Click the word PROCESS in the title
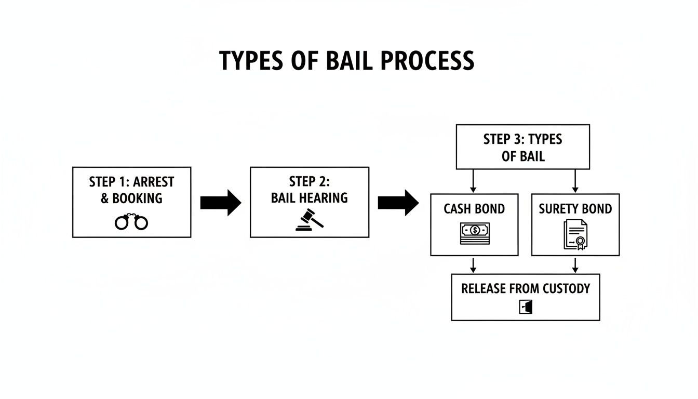[427, 61]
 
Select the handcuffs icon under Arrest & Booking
[131, 222]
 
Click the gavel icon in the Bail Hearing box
[310, 219]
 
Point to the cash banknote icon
[474, 233]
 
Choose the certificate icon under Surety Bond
[575, 234]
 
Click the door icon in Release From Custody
[526, 307]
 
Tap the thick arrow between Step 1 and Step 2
[220, 203]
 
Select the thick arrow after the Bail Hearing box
[398, 203]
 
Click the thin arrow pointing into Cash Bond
[473, 181]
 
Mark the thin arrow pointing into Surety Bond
[575, 181]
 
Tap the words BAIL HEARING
[310, 198]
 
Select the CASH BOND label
[474, 209]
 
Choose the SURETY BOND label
[575, 209]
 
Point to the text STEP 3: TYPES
[522, 139]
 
